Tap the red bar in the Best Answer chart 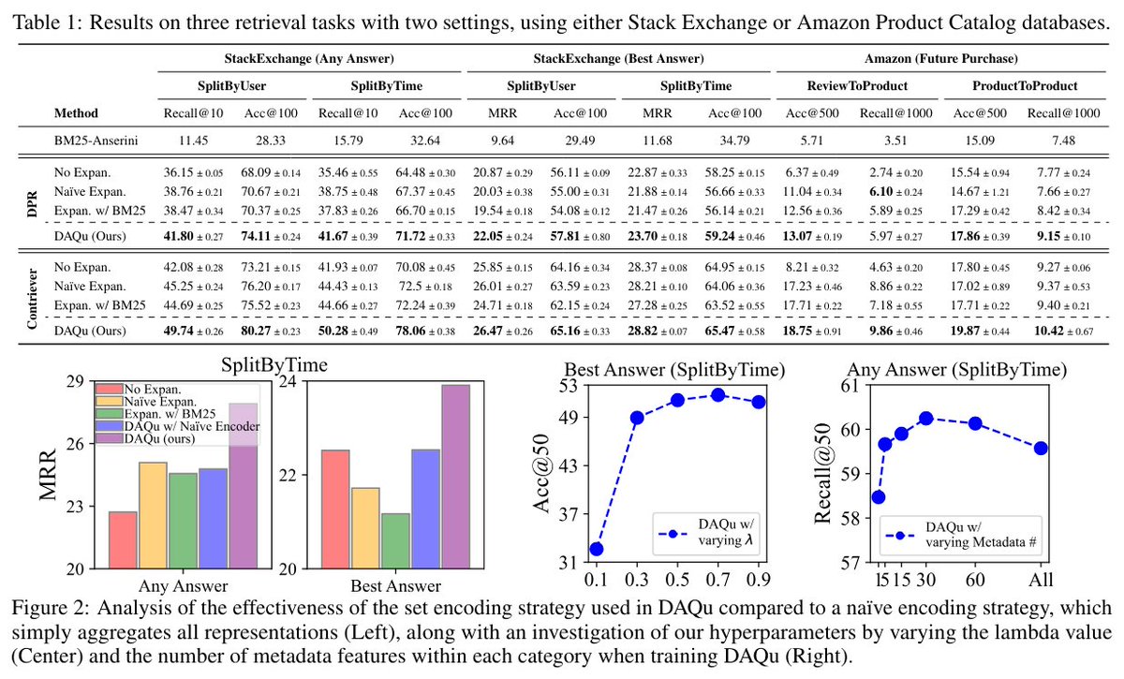point(335,509)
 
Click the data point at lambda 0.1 point(596,549)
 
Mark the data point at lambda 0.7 point(717,395)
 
